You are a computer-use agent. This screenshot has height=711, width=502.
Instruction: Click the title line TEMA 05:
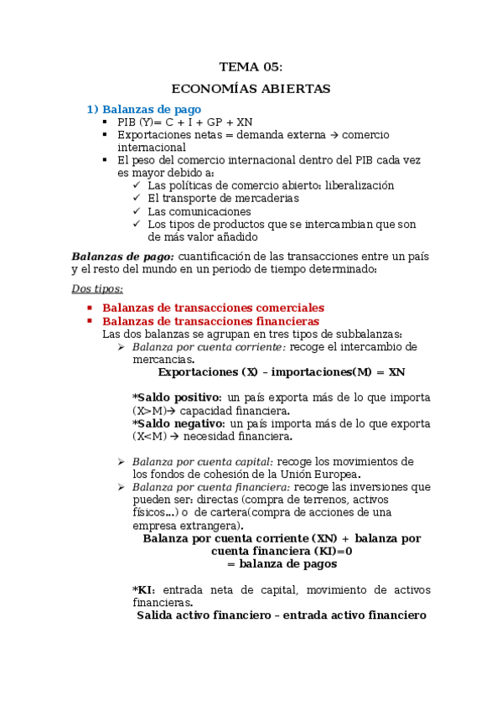pyautogui.click(x=251, y=67)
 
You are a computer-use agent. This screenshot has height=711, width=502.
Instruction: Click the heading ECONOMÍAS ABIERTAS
pyautogui.click(x=251, y=88)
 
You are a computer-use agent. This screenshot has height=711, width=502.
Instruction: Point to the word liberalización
pyautogui.click(x=358, y=185)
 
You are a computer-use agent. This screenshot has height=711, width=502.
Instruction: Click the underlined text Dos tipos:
pyautogui.click(x=97, y=289)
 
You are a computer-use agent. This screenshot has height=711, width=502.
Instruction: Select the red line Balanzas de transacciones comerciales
pyautogui.click(x=213, y=308)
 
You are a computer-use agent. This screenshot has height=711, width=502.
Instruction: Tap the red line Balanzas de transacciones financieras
pyautogui.click(x=210, y=320)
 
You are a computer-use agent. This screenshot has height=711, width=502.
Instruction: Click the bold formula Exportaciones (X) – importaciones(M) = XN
pyautogui.click(x=281, y=371)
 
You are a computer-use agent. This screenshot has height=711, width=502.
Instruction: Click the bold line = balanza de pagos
pyautogui.click(x=281, y=564)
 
